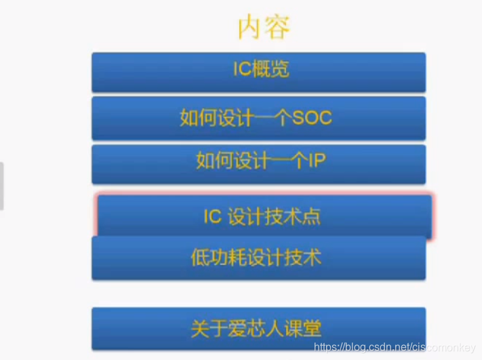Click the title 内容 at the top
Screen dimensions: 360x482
264,28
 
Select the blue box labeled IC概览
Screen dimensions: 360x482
258,72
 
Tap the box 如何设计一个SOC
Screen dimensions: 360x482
258,118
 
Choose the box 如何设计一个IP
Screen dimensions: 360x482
258,163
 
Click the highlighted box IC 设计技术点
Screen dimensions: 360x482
264,216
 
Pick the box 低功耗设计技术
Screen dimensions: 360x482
258,258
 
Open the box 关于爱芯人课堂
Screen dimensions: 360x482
258,329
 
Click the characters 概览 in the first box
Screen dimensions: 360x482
271,69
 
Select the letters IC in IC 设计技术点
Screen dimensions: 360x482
212,217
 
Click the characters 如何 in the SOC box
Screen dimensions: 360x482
197,118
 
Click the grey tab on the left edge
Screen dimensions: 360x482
2,186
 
